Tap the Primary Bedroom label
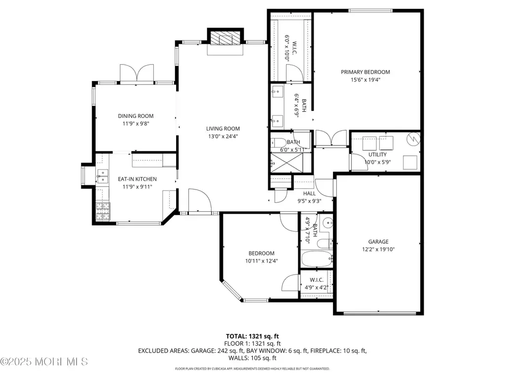(x=365, y=72)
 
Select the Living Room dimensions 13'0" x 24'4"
(x=223, y=136)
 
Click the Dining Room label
(x=136, y=116)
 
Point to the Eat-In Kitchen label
(x=137, y=179)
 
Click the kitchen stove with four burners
(x=103, y=211)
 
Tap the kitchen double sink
(x=103, y=176)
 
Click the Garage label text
(x=378, y=242)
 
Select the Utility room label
(x=377, y=154)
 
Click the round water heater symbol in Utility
(x=413, y=139)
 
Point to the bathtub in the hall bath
(x=317, y=259)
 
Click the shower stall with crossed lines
(x=287, y=163)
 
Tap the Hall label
(x=309, y=193)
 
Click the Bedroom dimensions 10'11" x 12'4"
(x=261, y=261)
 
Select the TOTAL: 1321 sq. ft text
(x=252, y=337)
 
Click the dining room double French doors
(x=137, y=74)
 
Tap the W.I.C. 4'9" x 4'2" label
(x=317, y=284)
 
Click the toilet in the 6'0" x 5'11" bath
(x=278, y=142)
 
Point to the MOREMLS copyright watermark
(x=44, y=362)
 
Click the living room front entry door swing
(x=200, y=201)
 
